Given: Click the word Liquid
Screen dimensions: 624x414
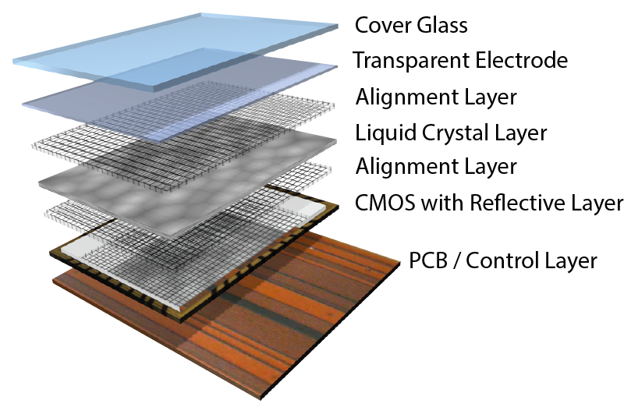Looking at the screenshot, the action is (381, 133).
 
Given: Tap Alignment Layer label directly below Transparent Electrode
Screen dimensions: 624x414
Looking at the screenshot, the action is (436, 97).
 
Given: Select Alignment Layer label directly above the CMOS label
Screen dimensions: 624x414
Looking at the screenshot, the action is (436, 167).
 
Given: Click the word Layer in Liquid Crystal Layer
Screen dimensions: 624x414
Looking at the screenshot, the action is (521, 133).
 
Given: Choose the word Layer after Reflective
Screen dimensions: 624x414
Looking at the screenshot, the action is (597, 203).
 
